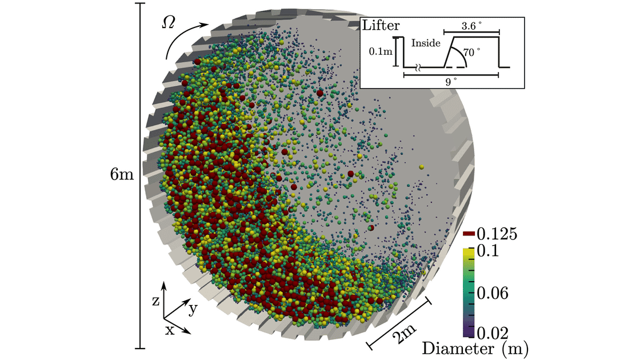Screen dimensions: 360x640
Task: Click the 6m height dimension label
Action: (x=121, y=174)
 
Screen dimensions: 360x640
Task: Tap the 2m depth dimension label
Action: (x=403, y=330)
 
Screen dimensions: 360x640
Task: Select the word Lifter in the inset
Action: (x=381, y=26)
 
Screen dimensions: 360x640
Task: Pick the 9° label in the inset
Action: (x=451, y=82)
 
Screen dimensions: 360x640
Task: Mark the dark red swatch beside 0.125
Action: (x=469, y=233)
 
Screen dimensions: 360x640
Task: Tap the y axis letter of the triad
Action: (x=193, y=309)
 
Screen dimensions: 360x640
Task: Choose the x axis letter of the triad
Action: (x=169, y=331)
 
